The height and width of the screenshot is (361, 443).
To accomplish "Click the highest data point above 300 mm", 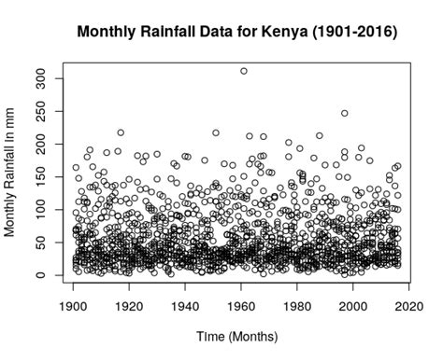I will (x=244, y=71).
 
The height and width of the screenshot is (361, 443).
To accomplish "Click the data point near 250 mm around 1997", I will (x=345, y=114).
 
